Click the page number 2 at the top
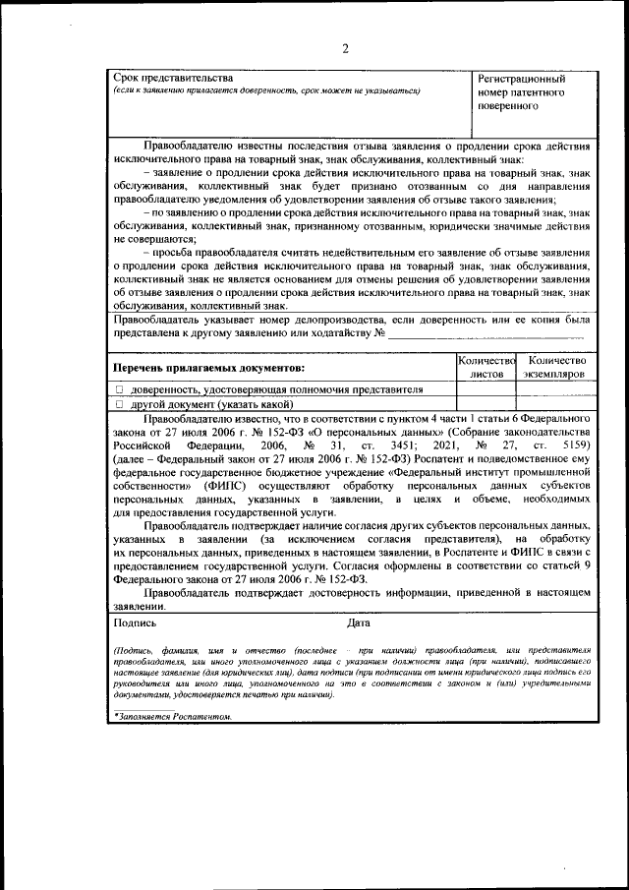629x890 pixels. tap(345, 49)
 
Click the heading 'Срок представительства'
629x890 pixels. tap(173, 78)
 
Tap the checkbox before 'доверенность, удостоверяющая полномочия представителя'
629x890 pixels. tap(119, 390)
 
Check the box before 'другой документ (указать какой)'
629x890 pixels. tap(119, 404)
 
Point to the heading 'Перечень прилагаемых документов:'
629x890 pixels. tap(208, 368)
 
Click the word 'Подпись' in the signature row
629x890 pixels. tap(135, 623)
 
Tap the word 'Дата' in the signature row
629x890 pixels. tap(359, 623)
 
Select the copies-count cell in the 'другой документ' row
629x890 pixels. tap(555, 404)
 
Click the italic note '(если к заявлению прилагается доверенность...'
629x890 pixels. tap(266, 91)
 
